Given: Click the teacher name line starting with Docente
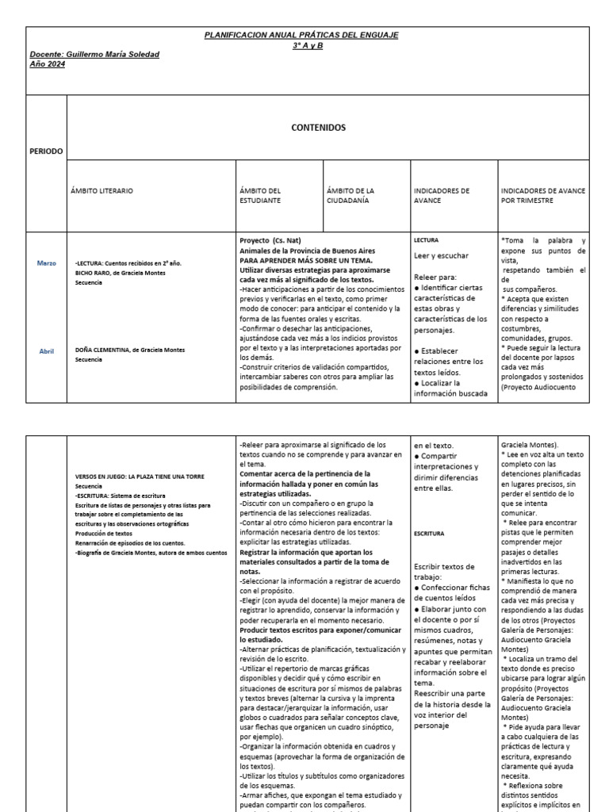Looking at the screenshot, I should point(94,54).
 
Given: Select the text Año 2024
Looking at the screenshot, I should point(48,63).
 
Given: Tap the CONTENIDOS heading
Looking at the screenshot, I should point(318,127).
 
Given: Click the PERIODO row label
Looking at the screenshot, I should point(46,151).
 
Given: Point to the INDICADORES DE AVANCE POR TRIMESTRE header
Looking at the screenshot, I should point(543,195).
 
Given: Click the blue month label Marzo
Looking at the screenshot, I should point(47,262).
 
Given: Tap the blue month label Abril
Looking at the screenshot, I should point(47,350).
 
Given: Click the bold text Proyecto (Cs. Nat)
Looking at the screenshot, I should point(272,240).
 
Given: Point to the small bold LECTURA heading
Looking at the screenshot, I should point(426,239).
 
